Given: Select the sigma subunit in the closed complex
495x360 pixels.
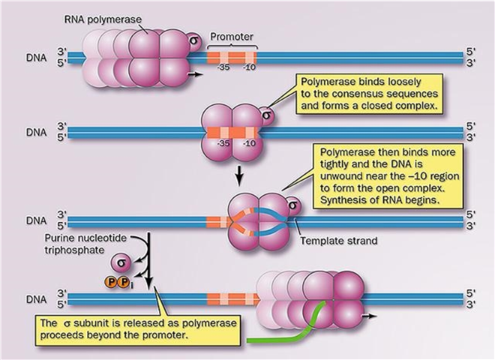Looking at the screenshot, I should coord(266,115).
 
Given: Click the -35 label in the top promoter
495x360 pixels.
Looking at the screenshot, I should coord(220,70).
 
